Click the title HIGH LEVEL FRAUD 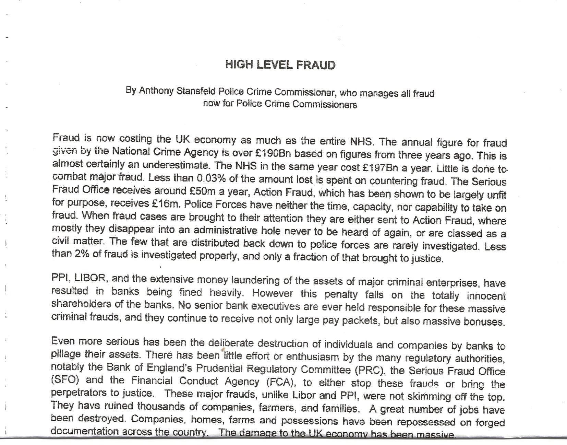tap(280, 65)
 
